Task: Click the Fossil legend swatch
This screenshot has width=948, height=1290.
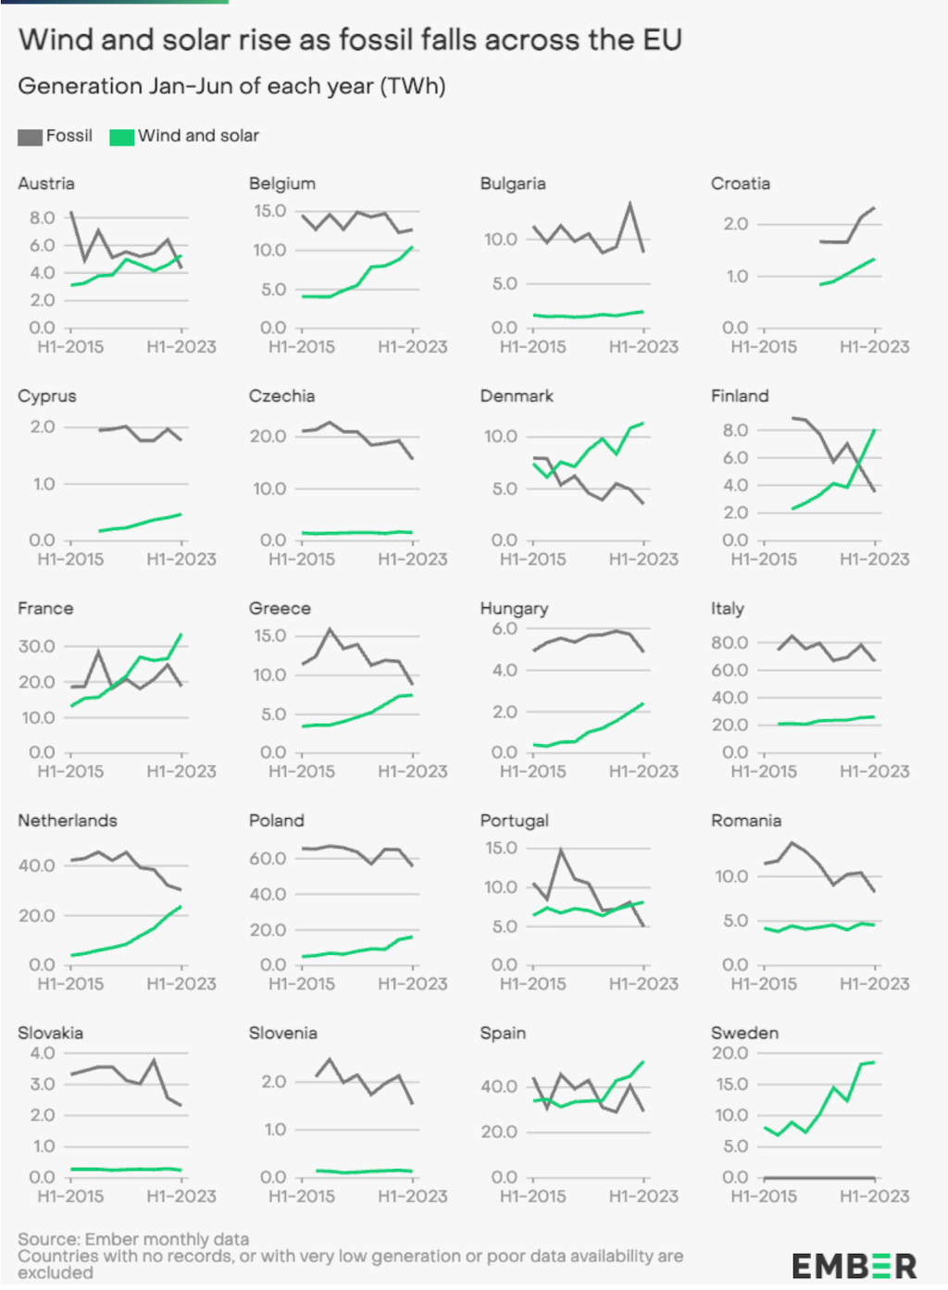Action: pyautogui.click(x=30, y=137)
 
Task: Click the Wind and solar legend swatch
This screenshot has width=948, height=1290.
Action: pyautogui.click(x=121, y=137)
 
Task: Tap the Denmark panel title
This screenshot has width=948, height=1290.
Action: pyautogui.click(x=516, y=396)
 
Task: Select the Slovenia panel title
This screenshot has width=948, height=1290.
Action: pyautogui.click(x=282, y=1033)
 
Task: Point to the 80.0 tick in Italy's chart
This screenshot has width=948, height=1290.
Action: pyautogui.click(x=730, y=642)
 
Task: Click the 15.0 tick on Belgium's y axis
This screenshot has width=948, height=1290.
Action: pyautogui.click(x=270, y=211)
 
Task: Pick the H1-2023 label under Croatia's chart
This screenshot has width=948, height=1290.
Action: pyautogui.click(x=874, y=347)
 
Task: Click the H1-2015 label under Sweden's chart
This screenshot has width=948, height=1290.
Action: pyautogui.click(x=764, y=1196)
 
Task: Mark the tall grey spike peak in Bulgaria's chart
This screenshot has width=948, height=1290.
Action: pyautogui.click(x=630, y=204)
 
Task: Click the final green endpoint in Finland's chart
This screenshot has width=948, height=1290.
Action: pyautogui.click(x=874, y=430)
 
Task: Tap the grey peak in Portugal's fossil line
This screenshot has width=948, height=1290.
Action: pyautogui.click(x=560, y=850)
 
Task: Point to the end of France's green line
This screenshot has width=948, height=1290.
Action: pyautogui.click(x=181, y=635)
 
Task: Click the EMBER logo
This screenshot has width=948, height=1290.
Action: pyautogui.click(x=854, y=1265)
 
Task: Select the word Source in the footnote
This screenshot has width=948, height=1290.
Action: pyautogui.click(x=47, y=1238)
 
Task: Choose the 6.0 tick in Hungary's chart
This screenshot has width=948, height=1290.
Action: pyautogui.click(x=505, y=629)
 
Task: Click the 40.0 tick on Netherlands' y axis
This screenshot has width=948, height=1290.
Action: pyautogui.click(x=37, y=866)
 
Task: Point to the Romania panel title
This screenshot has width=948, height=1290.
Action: pyautogui.click(x=745, y=821)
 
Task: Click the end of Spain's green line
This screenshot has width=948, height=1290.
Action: pyautogui.click(x=642, y=1062)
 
